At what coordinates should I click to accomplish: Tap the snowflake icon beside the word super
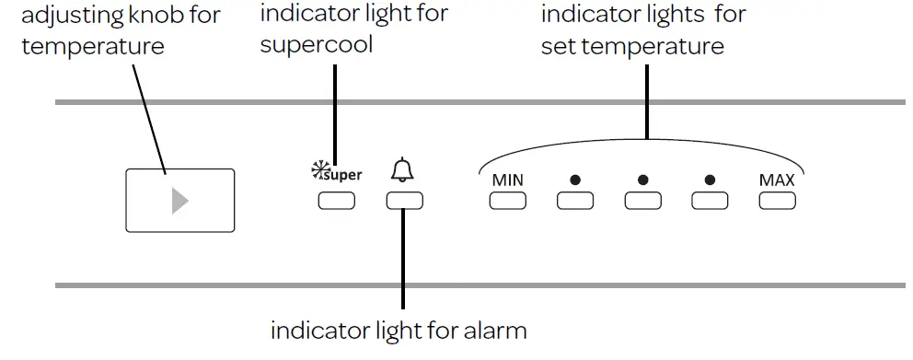pyautogui.click(x=320, y=169)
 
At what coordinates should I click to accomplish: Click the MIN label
pyautogui.click(x=507, y=180)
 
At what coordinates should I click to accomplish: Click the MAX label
pyautogui.click(x=777, y=180)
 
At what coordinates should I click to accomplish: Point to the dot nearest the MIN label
pyautogui.click(x=575, y=180)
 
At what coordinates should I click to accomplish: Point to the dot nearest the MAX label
pyautogui.click(x=710, y=180)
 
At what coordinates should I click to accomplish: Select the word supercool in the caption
pyautogui.click(x=317, y=44)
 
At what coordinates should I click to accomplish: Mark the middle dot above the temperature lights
pyautogui.click(x=642, y=180)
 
